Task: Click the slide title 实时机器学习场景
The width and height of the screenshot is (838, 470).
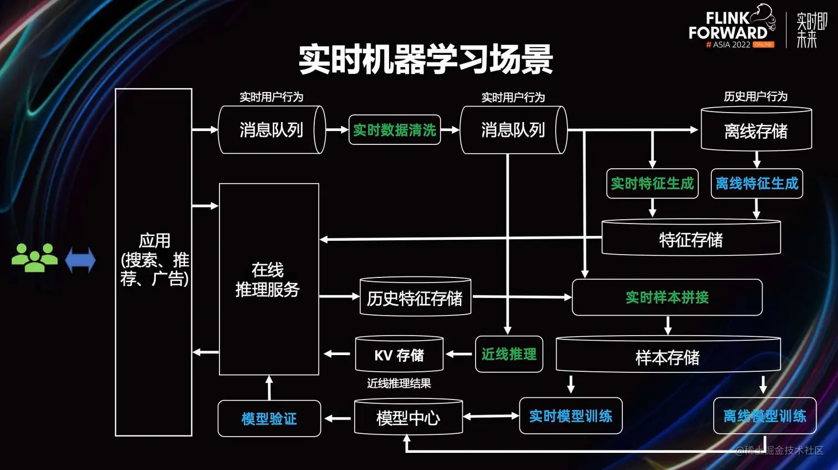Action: [426, 60]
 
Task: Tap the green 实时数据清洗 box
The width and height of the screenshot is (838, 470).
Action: [395, 130]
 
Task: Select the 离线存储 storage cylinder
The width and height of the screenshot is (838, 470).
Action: [756, 130]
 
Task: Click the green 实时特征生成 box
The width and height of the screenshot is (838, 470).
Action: [652, 184]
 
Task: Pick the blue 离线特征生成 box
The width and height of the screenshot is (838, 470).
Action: [757, 184]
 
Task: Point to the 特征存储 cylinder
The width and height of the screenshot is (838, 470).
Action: [691, 239]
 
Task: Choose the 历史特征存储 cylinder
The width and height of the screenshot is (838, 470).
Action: [415, 298]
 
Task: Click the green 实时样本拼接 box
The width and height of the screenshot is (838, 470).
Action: [667, 297]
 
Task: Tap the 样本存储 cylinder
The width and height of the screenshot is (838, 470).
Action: [668, 357]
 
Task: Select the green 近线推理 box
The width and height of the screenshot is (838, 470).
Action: [509, 354]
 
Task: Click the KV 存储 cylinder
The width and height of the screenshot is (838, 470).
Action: [399, 355]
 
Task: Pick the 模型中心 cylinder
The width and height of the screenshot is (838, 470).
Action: [408, 417]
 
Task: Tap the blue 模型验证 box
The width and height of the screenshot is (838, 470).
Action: [269, 418]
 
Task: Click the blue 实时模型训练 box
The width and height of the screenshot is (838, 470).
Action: [571, 416]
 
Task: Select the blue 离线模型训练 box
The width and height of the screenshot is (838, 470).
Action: [764, 416]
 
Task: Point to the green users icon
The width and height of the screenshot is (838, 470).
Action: [34, 258]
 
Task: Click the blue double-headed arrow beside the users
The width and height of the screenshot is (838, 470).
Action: [80, 260]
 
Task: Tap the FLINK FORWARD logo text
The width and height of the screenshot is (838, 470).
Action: [728, 26]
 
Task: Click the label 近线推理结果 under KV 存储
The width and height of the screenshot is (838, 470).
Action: [398, 383]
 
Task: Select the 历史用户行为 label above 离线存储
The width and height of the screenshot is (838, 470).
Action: [755, 97]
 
